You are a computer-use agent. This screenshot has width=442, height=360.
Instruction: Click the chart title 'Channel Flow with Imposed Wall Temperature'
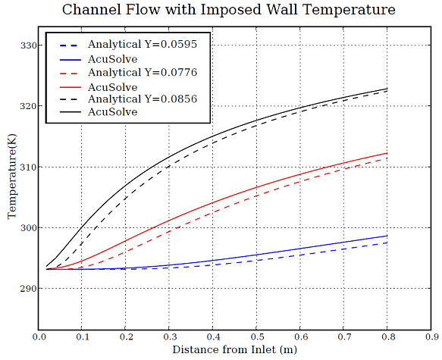coord(228,10)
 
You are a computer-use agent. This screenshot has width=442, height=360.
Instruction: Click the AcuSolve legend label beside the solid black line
coord(112,112)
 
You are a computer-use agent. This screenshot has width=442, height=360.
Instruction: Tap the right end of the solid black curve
coord(387,89)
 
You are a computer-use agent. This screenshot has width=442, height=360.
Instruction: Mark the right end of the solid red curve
coord(387,153)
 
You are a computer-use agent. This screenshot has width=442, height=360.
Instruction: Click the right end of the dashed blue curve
coord(387,243)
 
